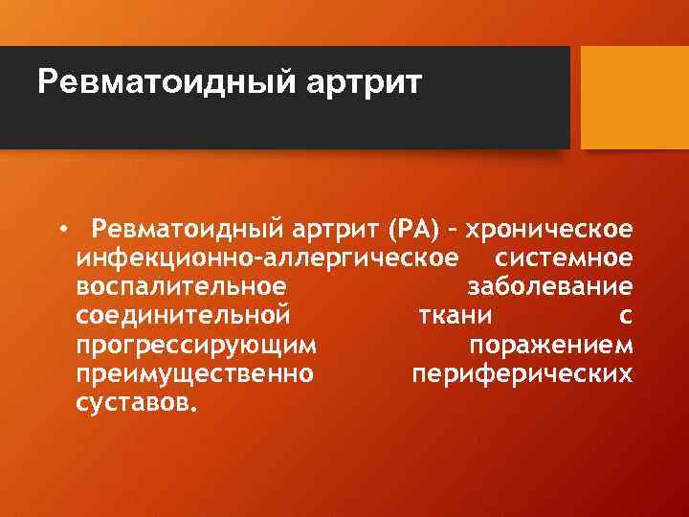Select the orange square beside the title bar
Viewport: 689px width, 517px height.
(634, 97)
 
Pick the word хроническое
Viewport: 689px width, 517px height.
(548, 231)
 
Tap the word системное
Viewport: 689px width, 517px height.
(563, 258)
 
